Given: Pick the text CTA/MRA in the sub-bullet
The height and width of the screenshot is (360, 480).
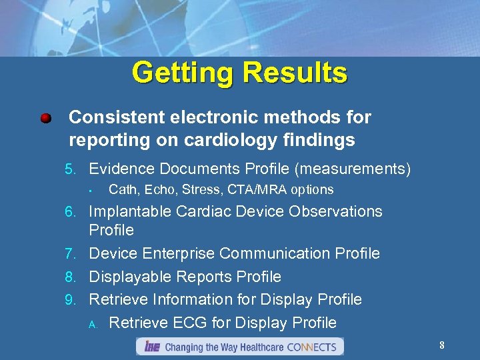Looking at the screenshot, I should point(258,190).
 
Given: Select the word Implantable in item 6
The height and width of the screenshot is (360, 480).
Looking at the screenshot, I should point(130,212).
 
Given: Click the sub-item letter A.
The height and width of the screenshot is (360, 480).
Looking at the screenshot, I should point(93,324).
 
